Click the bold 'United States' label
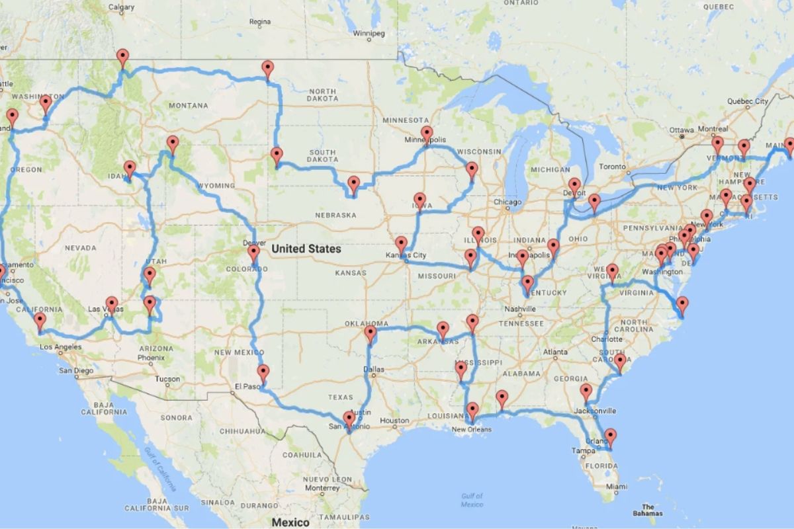tap(306, 249)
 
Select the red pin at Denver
tap(253, 254)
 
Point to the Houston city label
tap(394, 421)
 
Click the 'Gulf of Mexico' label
tap(472, 500)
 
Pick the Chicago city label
tap(507, 202)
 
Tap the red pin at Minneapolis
tap(427, 135)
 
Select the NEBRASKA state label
tap(335, 215)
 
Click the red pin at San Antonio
tap(349, 419)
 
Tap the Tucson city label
tap(167, 380)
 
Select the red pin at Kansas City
tap(401, 245)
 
